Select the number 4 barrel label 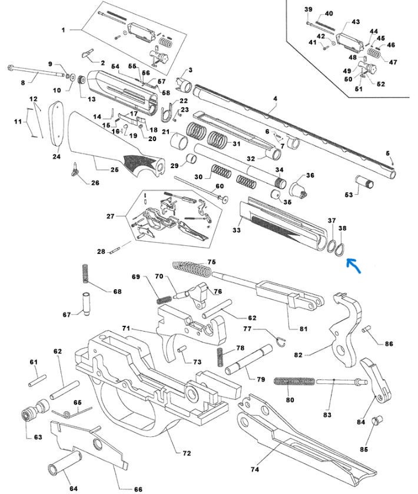274,108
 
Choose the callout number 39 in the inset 308,10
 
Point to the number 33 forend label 236,230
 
